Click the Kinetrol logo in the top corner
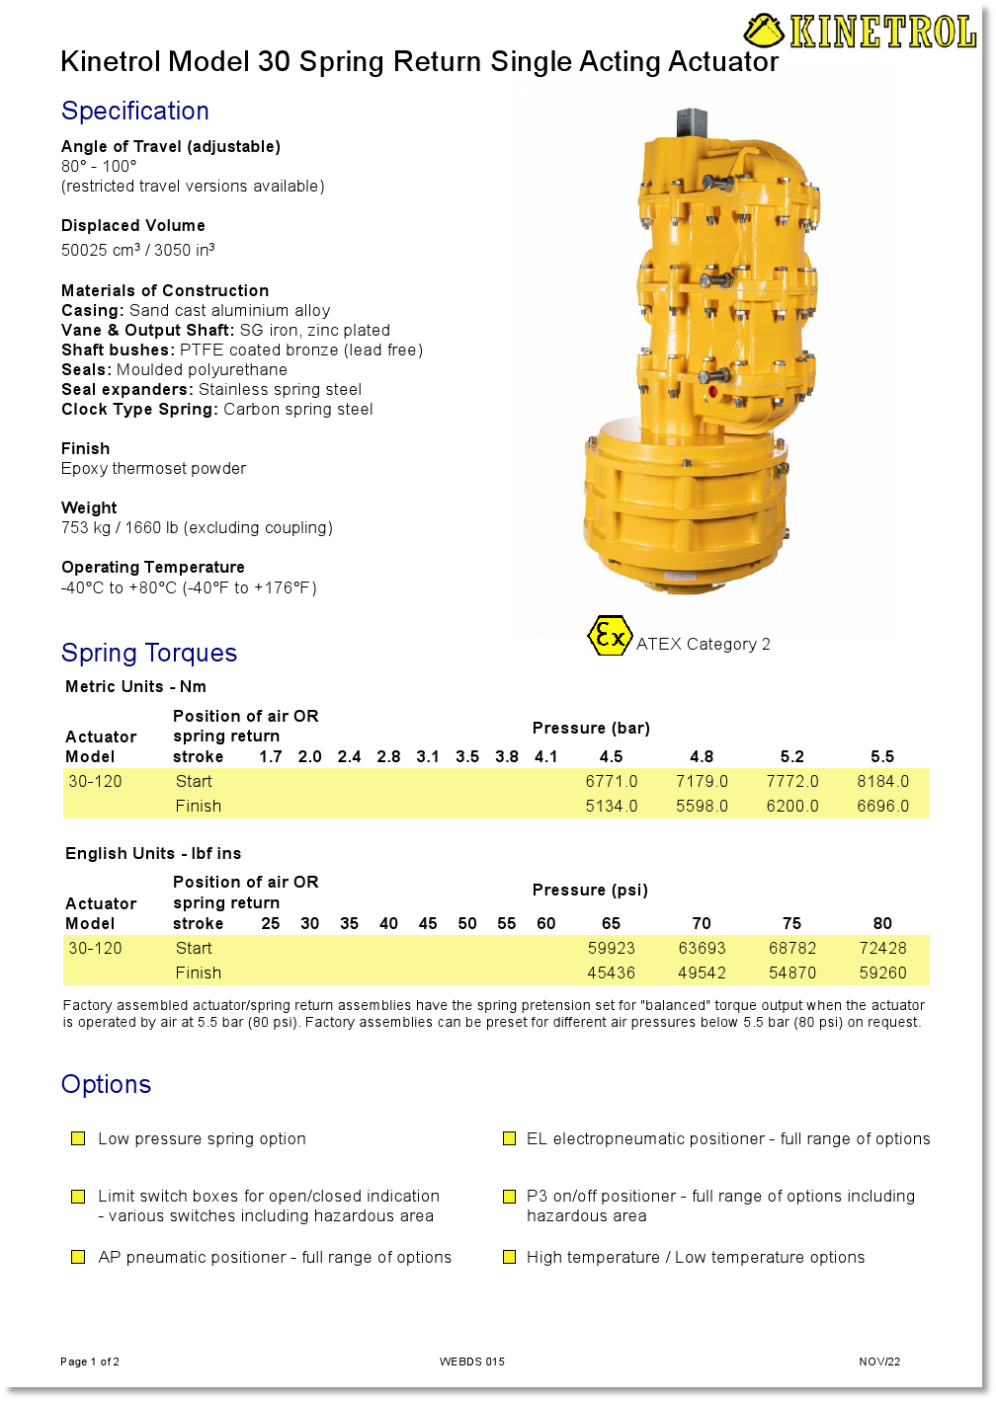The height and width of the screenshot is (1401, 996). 860,32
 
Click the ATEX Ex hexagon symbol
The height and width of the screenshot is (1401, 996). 609,636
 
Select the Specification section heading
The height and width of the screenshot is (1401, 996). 135,111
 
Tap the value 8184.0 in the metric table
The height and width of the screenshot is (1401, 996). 882,781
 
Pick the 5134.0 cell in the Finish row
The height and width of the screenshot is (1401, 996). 612,806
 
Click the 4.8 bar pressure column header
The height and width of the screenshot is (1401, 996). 702,756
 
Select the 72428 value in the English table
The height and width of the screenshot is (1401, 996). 882,948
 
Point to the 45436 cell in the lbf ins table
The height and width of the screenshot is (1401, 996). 612,973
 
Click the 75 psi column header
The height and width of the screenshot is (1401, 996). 792,923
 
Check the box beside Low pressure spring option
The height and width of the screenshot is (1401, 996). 78,1138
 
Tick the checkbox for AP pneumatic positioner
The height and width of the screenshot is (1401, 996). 78,1257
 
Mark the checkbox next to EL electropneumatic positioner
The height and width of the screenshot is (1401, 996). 509,1138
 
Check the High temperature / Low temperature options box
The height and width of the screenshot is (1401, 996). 509,1257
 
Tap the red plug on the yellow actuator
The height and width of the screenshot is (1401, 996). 711,392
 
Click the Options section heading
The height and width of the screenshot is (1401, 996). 107,1084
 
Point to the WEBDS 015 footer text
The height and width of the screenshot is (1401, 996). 472,1362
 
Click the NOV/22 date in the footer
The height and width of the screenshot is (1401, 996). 879,1362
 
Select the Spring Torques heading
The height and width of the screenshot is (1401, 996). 149,653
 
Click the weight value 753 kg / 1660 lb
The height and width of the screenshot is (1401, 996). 197,527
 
